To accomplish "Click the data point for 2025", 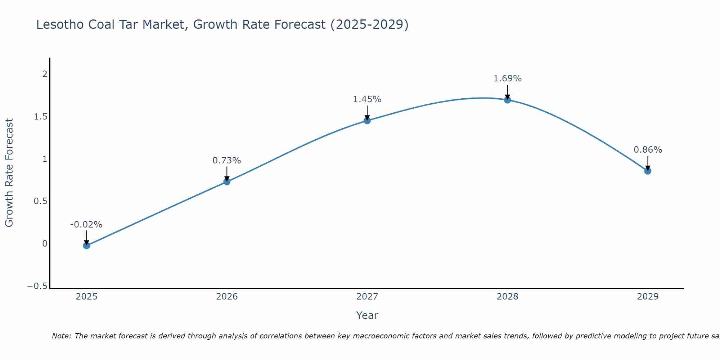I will click(x=86, y=246).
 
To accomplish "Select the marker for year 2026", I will click(x=227, y=181).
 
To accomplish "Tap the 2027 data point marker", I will click(x=367, y=121).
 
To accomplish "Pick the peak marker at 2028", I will click(x=507, y=100).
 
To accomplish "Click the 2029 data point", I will click(x=648, y=171).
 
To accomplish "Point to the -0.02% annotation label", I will click(x=86, y=225).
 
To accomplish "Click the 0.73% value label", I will click(x=227, y=161).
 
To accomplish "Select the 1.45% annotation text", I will click(x=367, y=99).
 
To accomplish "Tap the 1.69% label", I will click(x=507, y=78).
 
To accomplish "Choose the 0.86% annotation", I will click(x=648, y=150).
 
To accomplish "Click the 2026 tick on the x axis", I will click(x=227, y=297).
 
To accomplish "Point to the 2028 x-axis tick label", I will click(x=507, y=297).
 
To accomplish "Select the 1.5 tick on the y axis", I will click(x=41, y=117).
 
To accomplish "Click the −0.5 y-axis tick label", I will click(x=37, y=286).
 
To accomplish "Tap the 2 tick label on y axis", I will click(x=45, y=74).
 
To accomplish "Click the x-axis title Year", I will click(x=367, y=315).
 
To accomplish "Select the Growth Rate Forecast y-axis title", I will click(x=9, y=173).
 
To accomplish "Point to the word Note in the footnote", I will click(x=61, y=336).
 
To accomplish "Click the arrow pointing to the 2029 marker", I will click(x=648, y=163).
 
